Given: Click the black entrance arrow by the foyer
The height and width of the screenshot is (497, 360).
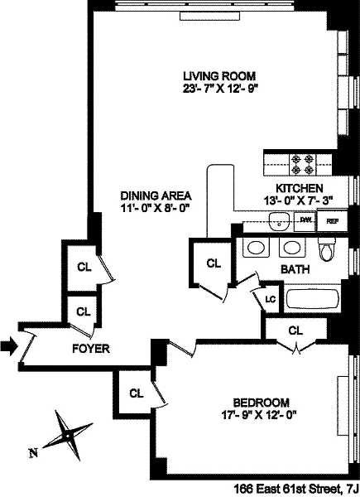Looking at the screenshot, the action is pyautogui.click(x=9, y=346).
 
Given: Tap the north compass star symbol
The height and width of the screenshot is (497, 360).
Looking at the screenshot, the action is pyautogui.click(x=67, y=437).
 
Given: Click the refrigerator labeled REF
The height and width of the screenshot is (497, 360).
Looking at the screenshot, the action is pyautogui.click(x=332, y=220).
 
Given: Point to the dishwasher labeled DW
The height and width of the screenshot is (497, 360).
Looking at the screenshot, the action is pyautogui.click(x=305, y=220).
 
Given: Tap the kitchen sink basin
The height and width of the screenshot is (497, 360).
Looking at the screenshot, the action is pyautogui.click(x=279, y=221).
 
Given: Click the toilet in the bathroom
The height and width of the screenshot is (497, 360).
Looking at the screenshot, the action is pyautogui.click(x=327, y=249).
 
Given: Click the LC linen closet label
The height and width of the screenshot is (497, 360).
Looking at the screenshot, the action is pyautogui.click(x=271, y=299).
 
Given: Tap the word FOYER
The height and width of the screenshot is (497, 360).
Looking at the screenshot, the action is pyautogui.click(x=91, y=349).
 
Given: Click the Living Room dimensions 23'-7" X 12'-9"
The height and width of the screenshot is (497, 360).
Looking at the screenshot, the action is pyautogui.click(x=218, y=89).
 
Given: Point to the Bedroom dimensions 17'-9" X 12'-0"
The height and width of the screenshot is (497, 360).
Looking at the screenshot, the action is pyautogui.click(x=262, y=415).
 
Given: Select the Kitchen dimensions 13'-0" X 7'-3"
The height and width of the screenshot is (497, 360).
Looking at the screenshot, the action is pyautogui.click(x=300, y=200).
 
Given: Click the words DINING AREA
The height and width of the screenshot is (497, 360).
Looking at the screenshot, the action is pyautogui.click(x=156, y=195).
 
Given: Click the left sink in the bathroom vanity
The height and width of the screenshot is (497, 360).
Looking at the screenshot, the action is pyautogui.click(x=257, y=247).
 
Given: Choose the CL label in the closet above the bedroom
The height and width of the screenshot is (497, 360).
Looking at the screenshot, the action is pyautogui.click(x=295, y=331).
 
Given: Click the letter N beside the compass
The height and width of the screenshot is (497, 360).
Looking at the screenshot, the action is pyautogui.click(x=33, y=453).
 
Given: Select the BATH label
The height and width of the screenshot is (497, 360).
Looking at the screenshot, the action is pyautogui.click(x=295, y=269).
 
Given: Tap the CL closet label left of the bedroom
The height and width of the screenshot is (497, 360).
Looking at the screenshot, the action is pyautogui.click(x=137, y=393).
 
